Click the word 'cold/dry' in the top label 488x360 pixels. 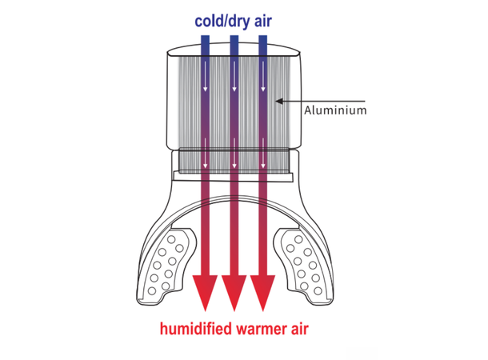[x=222, y=22]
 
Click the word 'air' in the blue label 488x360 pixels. [x=263, y=21]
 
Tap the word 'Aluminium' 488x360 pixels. [x=335, y=110]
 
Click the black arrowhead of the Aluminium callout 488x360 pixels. [x=279, y=101]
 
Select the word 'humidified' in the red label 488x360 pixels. [x=196, y=329]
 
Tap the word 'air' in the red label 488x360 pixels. [x=299, y=329]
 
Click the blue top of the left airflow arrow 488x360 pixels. [x=205, y=46]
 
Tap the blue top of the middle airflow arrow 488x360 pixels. [x=234, y=46]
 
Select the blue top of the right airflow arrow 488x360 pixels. [x=263, y=46]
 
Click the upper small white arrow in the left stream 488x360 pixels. [x=205, y=76]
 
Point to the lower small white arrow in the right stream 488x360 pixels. [x=263, y=153]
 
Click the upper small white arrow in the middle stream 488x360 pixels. [x=234, y=76]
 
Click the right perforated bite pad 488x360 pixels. [x=302, y=265]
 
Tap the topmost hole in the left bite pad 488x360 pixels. [x=171, y=240]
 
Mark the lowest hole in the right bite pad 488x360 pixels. [x=318, y=291]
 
